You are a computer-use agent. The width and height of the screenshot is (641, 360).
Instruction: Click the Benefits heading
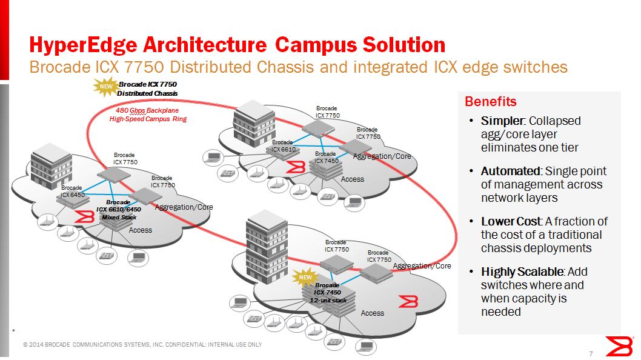click(490, 101)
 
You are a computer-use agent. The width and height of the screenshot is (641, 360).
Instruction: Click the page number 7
click(590, 354)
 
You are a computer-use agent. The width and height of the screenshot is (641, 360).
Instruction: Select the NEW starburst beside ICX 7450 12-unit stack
click(304, 278)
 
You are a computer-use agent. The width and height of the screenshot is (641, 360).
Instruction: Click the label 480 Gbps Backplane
click(147, 111)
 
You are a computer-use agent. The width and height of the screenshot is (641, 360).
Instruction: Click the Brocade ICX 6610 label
click(283, 145)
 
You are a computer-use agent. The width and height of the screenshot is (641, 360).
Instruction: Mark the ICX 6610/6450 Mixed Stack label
click(119, 209)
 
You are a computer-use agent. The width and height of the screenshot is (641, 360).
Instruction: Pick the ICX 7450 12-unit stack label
click(328, 292)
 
